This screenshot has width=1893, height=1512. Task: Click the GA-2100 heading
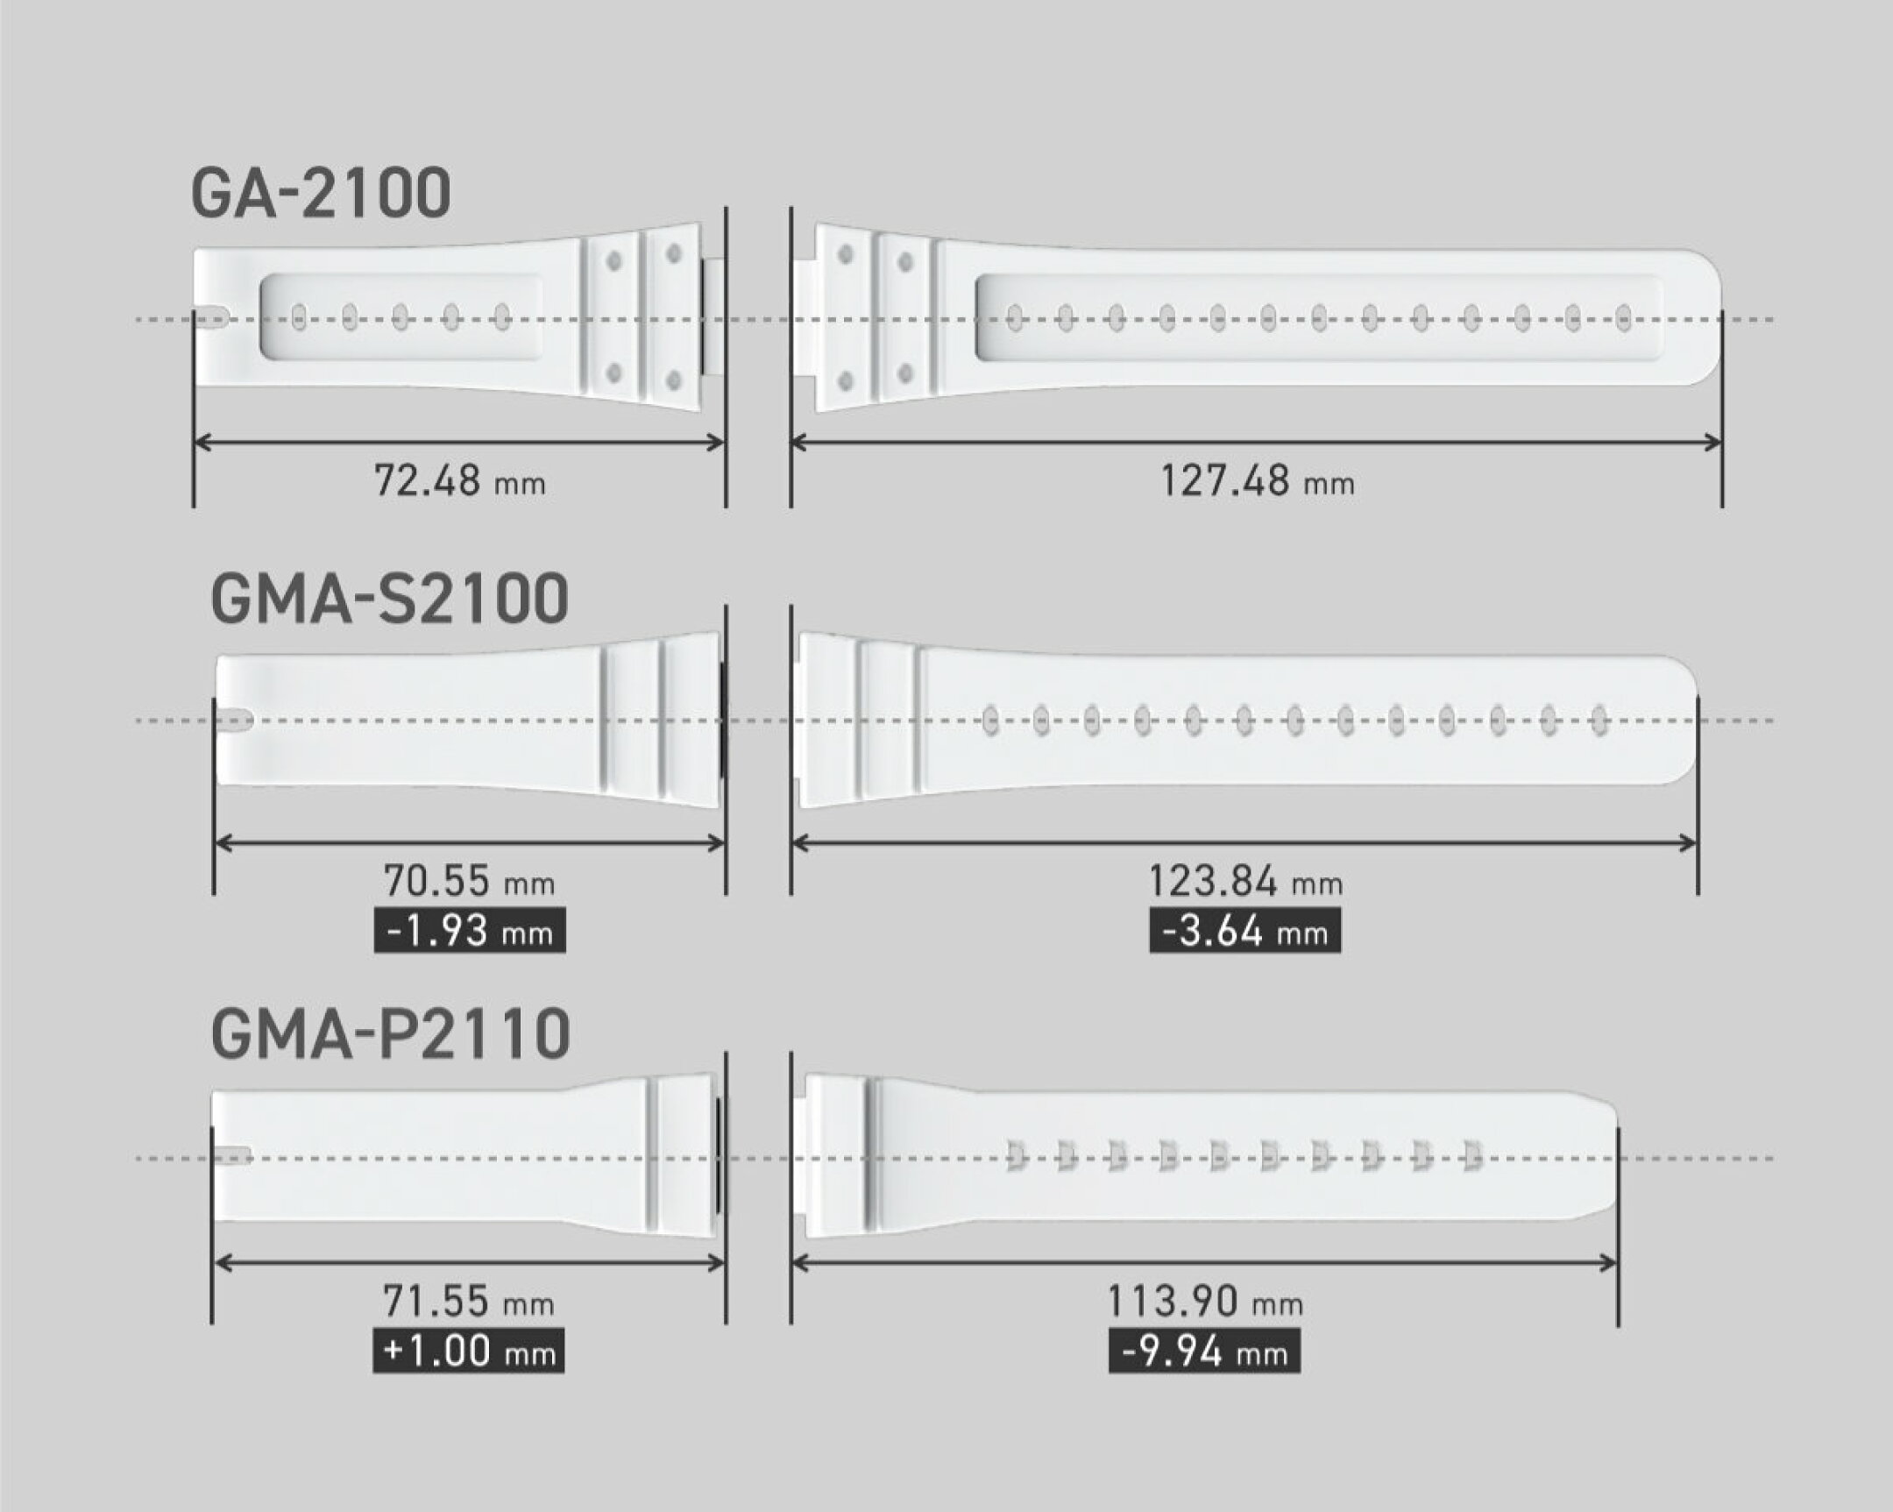[322, 194]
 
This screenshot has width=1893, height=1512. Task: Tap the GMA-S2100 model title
[390, 599]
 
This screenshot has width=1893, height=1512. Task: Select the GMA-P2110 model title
[391, 1033]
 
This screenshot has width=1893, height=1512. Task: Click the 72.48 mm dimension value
[460, 481]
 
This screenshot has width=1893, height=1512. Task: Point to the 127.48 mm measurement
[1258, 481]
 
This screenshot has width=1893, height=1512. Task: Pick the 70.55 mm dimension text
[469, 881]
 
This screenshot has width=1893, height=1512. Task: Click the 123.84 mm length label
[1246, 881]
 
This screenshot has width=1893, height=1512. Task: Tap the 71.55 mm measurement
[469, 1302]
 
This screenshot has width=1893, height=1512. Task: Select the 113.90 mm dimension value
[1205, 1302]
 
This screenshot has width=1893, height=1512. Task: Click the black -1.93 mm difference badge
[470, 931]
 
